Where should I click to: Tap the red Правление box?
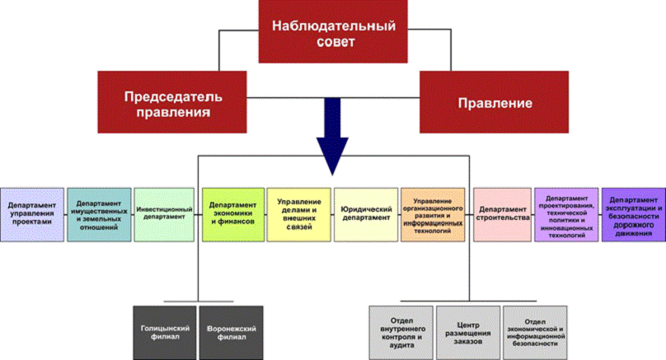tap(494, 104)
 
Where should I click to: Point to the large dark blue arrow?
tap(333, 132)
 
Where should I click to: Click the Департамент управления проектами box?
tap(31, 213)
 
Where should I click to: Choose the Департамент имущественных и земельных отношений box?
tap(98, 213)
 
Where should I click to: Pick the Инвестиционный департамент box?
tap(165, 213)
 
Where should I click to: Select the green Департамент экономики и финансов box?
tap(232, 213)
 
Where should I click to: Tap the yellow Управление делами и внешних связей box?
tap(298, 213)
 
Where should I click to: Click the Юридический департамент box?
tap(366, 213)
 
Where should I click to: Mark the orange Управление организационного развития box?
tap(433, 213)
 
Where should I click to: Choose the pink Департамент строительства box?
tap(500, 213)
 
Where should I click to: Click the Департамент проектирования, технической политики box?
tap(566, 213)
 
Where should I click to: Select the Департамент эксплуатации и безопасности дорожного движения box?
tap(633, 213)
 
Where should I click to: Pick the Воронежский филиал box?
tap(230, 332)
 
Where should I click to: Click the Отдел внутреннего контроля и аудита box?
tap(400, 331)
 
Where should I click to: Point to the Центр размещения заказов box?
tap(467, 331)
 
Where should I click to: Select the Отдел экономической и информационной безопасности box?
tap(533, 331)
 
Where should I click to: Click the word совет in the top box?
tap(334, 42)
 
